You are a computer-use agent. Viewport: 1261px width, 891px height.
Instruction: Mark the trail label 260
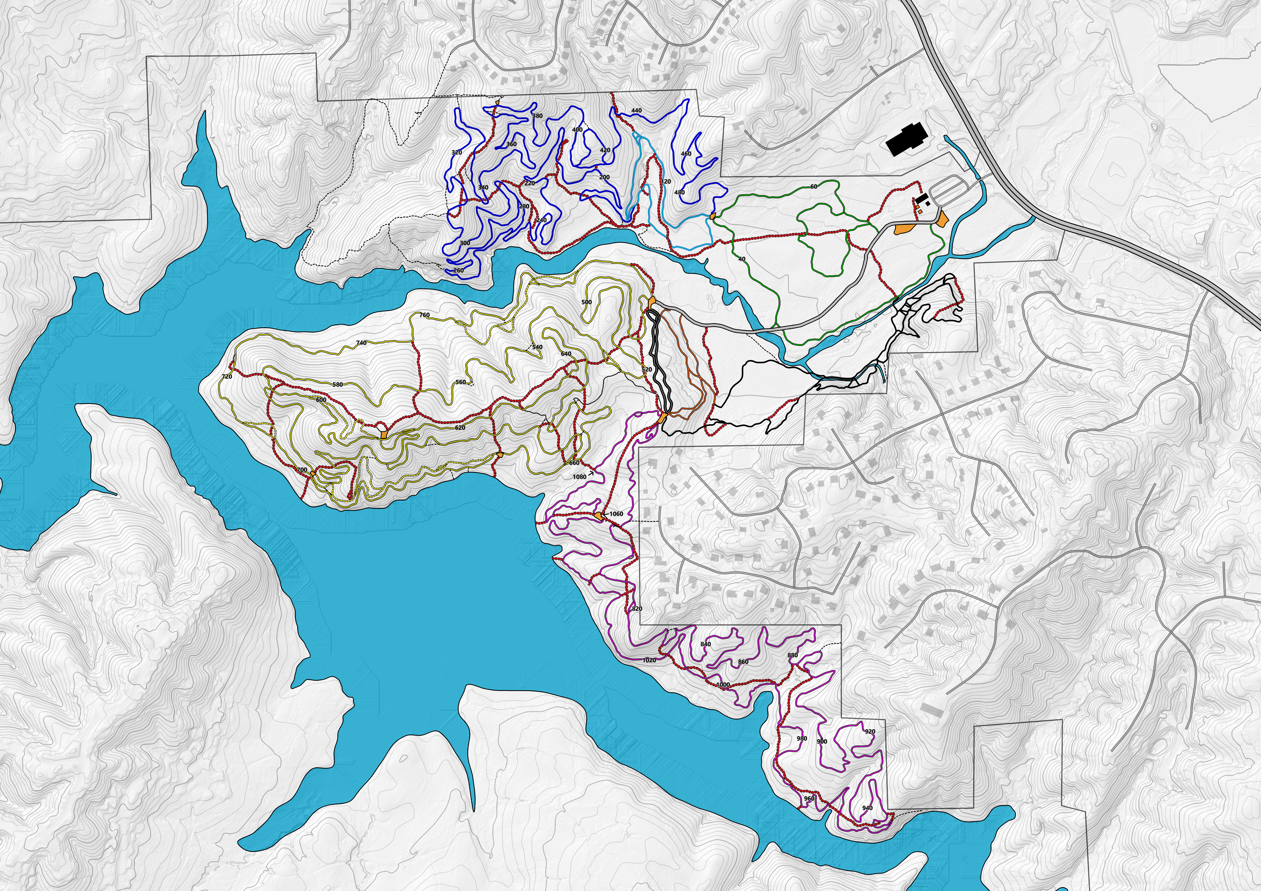pyautogui.click(x=458, y=271)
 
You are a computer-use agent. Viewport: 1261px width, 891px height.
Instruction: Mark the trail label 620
pyautogui.click(x=460, y=428)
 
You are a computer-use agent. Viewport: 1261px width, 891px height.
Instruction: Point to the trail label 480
pyautogui.click(x=679, y=193)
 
